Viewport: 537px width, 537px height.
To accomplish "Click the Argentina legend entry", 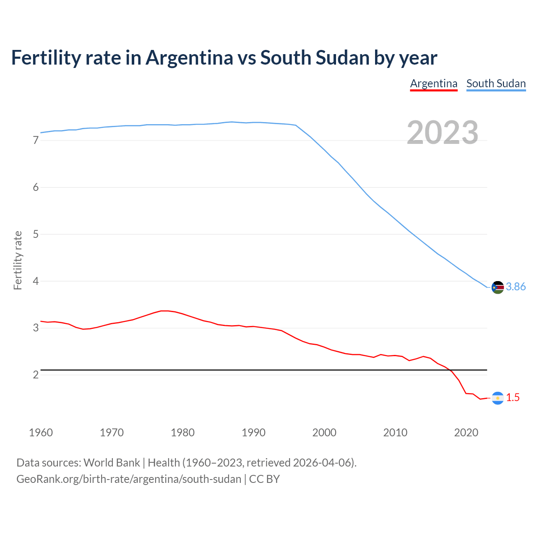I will tap(433, 83).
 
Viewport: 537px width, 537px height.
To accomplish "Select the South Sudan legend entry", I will tap(496, 83).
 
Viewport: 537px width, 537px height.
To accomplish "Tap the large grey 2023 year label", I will tap(443, 133).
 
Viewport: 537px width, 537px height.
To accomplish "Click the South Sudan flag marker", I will tap(498, 287).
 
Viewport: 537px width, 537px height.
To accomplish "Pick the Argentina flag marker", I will tap(498, 398).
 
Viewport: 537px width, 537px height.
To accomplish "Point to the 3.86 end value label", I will tap(516, 287).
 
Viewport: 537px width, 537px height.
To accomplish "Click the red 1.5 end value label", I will tap(513, 397).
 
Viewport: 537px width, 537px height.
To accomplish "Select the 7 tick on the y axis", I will tap(36, 141).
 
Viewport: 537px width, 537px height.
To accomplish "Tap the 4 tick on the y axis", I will tap(36, 281).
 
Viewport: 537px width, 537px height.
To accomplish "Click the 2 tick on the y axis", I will tap(36, 375).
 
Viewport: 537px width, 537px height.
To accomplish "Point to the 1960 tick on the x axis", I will tap(41, 433).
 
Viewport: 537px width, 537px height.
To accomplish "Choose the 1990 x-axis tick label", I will tap(253, 433).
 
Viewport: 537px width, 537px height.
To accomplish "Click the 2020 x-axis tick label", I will tap(466, 433).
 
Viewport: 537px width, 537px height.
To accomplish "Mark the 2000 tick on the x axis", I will tap(324, 433).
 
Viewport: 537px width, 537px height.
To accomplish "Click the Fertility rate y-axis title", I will tap(18, 260).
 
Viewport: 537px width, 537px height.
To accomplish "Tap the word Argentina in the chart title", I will tap(189, 57).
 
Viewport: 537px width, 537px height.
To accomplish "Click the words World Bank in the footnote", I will tap(112, 462).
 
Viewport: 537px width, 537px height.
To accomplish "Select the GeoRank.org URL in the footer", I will tap(129, 479).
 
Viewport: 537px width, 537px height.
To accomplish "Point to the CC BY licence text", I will tap(264, 479).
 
